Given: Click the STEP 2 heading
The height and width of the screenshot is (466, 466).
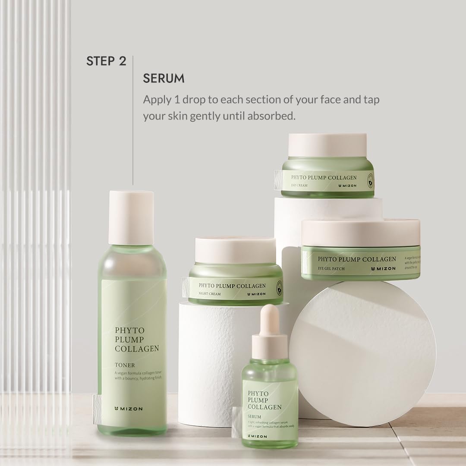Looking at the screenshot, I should click(106, 61).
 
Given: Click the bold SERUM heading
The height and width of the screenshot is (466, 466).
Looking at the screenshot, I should click(164, 79).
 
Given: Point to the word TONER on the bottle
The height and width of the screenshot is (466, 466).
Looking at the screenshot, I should click(125, 365).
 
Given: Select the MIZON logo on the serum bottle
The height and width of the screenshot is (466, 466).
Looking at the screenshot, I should click(258, 436).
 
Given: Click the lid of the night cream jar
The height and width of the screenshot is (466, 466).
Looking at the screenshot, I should click(236, 250).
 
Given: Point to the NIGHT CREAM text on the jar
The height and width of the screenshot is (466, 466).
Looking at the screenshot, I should click(210, 294).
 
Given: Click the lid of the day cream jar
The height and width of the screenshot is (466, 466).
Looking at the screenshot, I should click(327, 145).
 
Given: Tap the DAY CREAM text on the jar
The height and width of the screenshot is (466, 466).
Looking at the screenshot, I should click(300, 185).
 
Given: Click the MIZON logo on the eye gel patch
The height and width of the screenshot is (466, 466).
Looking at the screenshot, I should click(383, 268).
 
